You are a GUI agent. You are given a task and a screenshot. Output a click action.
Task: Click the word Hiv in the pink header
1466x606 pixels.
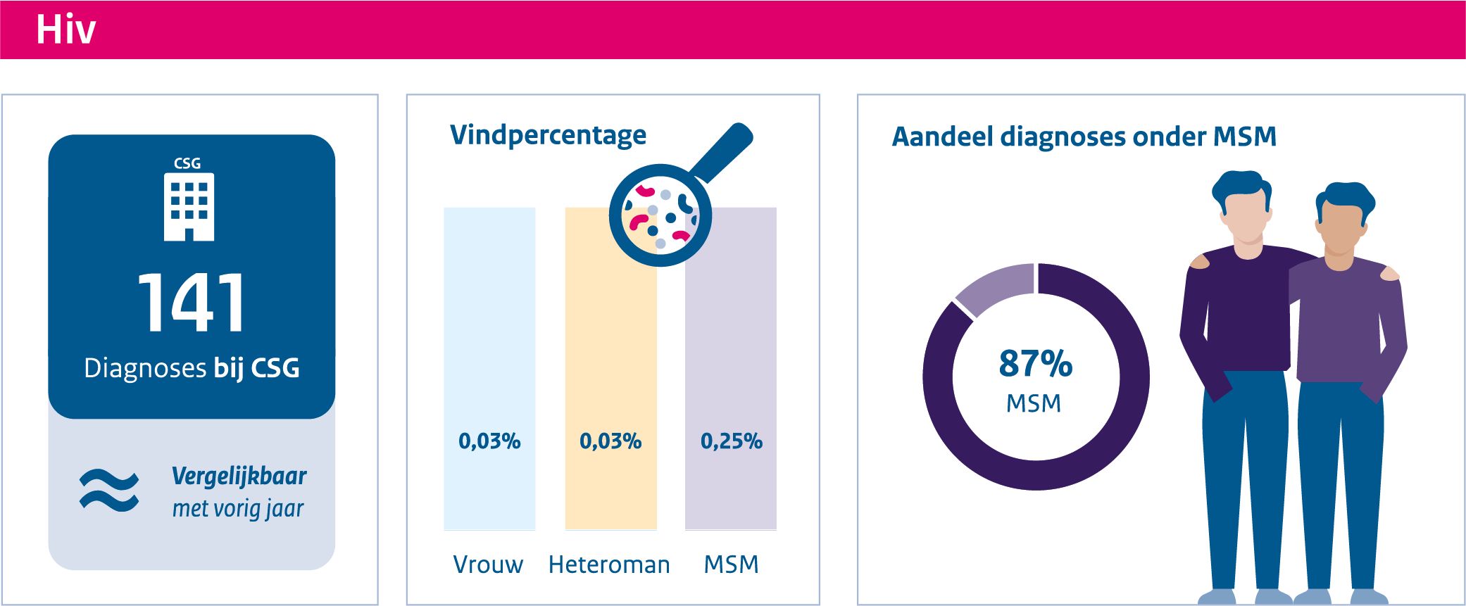(65, 30)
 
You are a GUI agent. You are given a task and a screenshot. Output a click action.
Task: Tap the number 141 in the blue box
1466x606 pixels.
(191, 303)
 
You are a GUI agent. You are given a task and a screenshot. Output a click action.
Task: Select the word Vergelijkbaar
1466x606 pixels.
(239, 476)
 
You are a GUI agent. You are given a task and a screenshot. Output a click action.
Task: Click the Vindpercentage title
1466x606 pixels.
(548, 134)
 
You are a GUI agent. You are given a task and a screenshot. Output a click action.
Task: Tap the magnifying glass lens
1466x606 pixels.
(660, 215)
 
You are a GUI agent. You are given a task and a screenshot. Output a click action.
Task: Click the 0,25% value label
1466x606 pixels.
(731, 441)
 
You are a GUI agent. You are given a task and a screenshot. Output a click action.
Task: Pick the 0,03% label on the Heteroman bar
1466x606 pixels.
(610, 441)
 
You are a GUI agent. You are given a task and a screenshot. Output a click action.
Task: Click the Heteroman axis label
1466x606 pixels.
(609, 564)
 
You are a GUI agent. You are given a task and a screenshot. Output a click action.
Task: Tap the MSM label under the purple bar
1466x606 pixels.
(731, 564)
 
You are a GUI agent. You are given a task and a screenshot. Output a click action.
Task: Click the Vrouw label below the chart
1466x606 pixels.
(488, 564)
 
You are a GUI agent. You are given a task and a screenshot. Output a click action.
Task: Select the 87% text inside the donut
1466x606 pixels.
(1035, 364)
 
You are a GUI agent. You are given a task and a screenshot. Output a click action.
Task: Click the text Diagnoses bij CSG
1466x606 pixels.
(192, 368)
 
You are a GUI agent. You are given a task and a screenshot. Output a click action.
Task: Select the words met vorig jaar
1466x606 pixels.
(238, 508)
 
